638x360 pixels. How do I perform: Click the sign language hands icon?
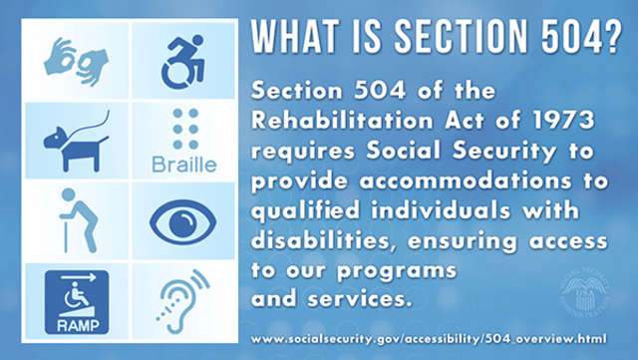[x=75, y=62]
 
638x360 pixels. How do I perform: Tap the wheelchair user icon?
[x=181, y=62]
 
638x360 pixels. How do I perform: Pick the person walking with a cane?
[x=76, y=218]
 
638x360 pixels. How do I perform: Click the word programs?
[x=399, y=269]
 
